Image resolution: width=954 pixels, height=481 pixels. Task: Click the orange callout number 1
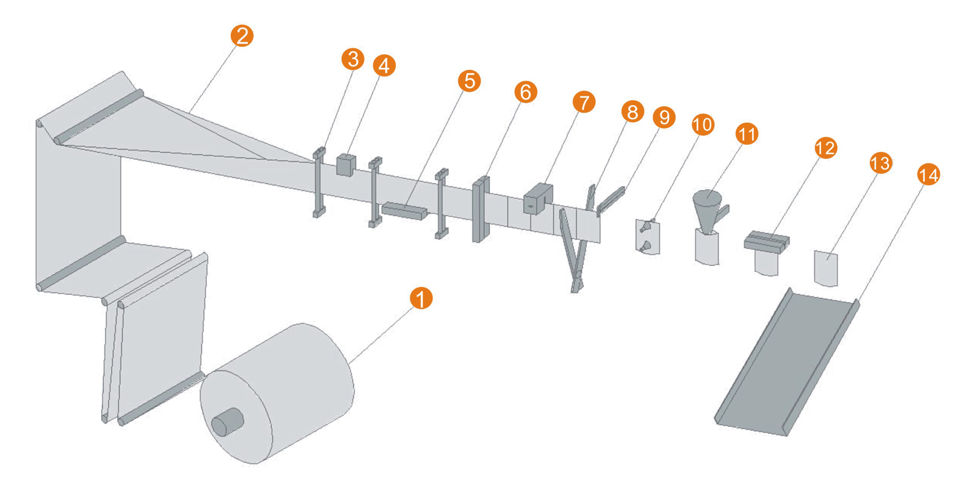click(x=421, y=298)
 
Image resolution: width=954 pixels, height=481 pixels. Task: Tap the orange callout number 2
click(x=242, y=36)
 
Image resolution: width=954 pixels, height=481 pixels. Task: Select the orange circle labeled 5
click(x=469, y=81)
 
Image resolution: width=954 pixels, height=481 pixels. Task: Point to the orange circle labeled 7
click(x=584, y=102)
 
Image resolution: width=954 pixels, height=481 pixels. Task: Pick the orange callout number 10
click(x=703, y=125)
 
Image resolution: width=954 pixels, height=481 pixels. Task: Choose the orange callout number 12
click(x=826, y=148)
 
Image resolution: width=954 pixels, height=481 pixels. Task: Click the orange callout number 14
click(x=928, y=175)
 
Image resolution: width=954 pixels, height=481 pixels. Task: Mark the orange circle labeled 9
click(x=664, y=117)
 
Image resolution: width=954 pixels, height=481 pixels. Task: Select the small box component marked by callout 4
click(x=346, y=164)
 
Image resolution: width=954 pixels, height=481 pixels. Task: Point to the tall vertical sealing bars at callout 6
click(x=481, y=209)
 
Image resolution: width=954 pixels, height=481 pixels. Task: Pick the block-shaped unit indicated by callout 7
click(x=537, y=198)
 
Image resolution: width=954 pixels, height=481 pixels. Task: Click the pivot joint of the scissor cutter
click(x=577, y=275)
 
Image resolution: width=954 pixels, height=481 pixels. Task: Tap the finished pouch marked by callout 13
click(x=826, y=268)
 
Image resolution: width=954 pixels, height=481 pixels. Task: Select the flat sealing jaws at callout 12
click(x=766, y=242)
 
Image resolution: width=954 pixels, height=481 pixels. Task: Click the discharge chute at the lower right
click(x=787, y=363)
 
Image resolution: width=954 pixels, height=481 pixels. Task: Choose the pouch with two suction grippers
click(x=648, y=237)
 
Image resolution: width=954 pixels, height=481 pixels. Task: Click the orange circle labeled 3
click(x=353, y=59)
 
